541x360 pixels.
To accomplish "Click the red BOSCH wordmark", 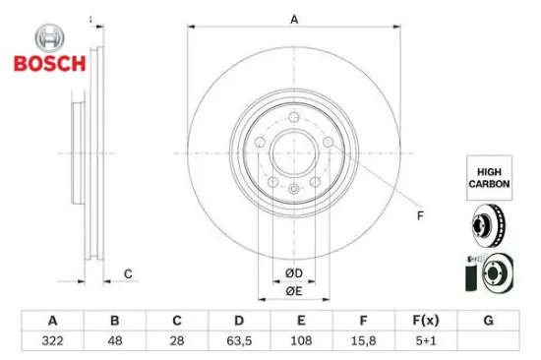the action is (x=50, y=64).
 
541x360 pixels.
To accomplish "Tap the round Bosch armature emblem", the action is (x=50, y=38).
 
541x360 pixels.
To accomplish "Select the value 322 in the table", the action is (x=52, y=341).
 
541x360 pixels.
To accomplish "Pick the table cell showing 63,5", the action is (x=239, y=341).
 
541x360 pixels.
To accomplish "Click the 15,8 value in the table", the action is (x=363, y=341).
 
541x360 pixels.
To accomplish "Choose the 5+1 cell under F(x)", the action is (x=426, y=341).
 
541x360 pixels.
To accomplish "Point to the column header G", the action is (x=488, y=321).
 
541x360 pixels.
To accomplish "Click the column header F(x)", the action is (x=426, y=321).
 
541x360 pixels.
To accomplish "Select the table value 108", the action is (x=301, y=341).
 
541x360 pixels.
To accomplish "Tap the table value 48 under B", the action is (x=115, y=341).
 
